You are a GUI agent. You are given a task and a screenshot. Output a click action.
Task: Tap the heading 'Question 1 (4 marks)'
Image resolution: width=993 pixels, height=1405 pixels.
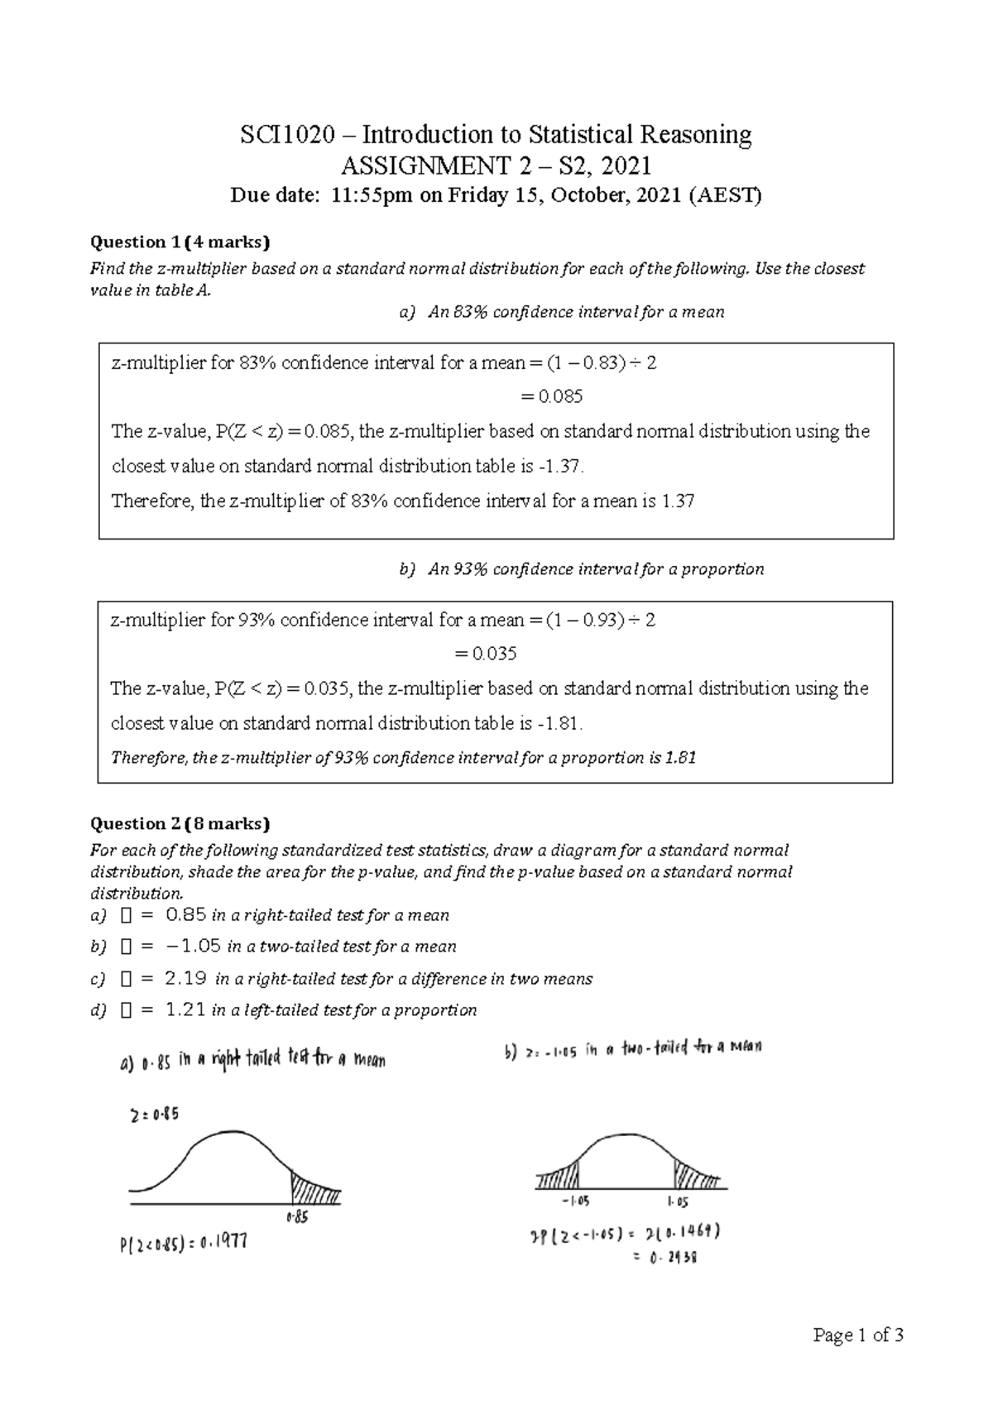tap(180, 242)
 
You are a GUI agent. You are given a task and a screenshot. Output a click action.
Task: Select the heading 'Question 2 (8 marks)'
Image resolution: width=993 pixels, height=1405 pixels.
tap(180, 823)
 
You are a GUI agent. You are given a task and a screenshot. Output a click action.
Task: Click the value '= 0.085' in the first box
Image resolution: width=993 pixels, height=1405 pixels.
tap(551, 396)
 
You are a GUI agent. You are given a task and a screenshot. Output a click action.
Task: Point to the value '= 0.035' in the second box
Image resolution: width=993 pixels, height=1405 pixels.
tap(486, 654)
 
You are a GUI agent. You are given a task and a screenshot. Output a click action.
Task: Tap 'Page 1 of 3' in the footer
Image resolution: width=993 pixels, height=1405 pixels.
tap(858, 1335)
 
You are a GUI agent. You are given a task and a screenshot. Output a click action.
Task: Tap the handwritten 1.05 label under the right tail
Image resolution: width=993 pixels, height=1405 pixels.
tap(677, 1201)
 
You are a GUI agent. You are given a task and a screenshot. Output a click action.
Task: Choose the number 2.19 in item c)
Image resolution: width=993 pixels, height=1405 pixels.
tap(185, 979)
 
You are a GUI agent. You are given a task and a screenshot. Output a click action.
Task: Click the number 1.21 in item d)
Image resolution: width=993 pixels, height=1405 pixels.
tap(185, 1009)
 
